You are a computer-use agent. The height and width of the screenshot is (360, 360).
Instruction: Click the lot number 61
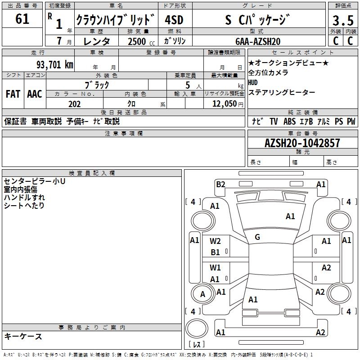click(x=22, y=19)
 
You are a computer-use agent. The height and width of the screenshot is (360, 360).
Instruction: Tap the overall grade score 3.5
click(x=342, y=21)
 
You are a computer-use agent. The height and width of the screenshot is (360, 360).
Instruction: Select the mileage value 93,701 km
click(x=54, y=64)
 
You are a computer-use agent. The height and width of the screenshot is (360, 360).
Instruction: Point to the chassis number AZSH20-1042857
click(x=302, y=143)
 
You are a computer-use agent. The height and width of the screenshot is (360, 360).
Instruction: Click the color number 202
click(x=74, y=104)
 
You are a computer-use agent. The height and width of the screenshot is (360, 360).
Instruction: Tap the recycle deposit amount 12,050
click(x=222, y=104)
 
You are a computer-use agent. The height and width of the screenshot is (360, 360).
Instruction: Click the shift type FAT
click(x=13, y=94)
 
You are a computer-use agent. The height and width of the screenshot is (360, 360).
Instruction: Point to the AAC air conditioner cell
click(x=34, y=94)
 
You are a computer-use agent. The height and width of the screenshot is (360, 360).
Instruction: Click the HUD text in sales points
click(x=253, y=82)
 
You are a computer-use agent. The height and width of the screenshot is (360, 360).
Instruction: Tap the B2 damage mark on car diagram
click(x=220, y=184)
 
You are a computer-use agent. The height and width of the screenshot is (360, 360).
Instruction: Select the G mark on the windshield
click(x=257, y=237)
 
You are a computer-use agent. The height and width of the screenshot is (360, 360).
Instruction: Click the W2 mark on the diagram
click(x=216, y=241)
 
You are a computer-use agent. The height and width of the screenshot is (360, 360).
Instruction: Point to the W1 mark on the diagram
click(x=216, y=268)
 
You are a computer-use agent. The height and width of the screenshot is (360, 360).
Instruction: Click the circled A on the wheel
click(x=202, y=294)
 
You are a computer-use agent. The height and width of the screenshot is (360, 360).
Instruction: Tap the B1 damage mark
click(x=216, y=252)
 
